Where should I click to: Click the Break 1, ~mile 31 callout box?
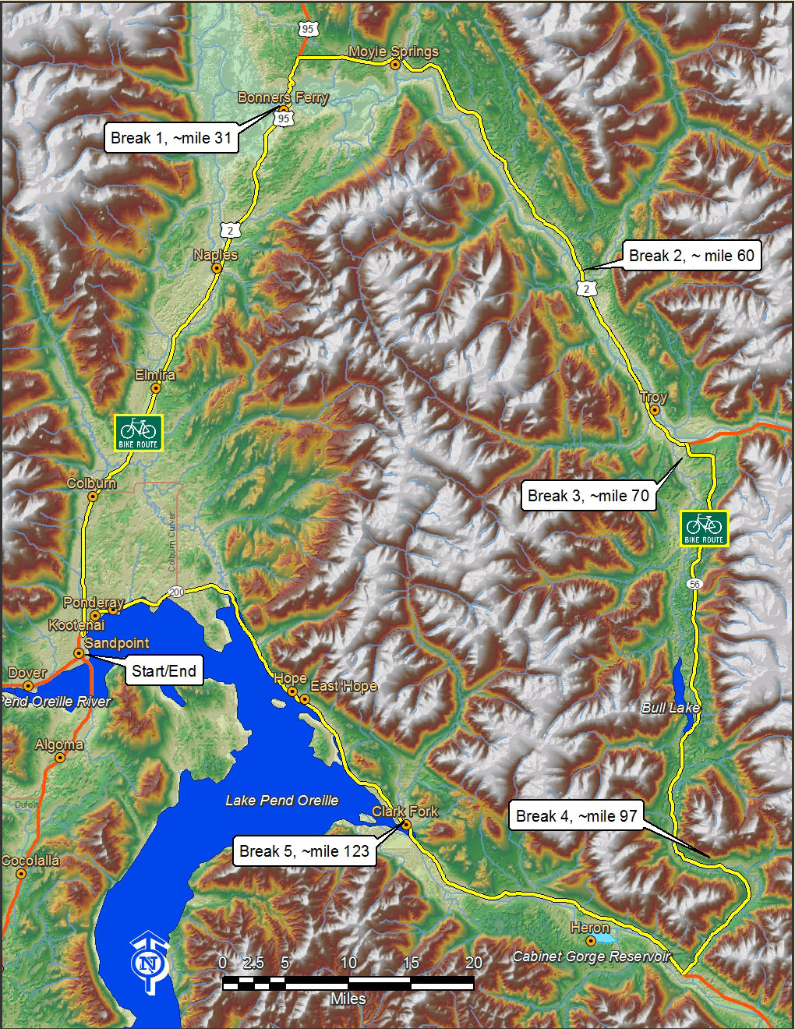tap(171, 138)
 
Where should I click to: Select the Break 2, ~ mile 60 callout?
tap(691, 256)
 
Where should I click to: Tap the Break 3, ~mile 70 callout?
tap(588, 496)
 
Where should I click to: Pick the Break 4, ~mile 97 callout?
tap(577, 816)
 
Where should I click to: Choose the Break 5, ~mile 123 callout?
tap(304, 851)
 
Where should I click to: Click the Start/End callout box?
tap(164, 670)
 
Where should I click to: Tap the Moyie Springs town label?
tap(393, 51)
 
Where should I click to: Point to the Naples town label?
tap(216, 255)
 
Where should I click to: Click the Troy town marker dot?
tap(655, 409)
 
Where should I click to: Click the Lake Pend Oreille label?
tap(282, 801)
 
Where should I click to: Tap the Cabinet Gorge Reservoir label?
tap(591, 957)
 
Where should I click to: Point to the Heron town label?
tap(590, 928)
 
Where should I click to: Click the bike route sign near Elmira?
tap(139, 432)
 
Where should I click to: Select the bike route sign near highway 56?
tap(705, 529)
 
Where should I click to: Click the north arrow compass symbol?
tap(147, 966)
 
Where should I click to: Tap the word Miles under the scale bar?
tap(348, 999)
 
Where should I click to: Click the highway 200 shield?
tap(176, 592)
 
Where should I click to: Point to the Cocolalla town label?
tap(30, 861)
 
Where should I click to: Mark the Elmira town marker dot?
tap(156, 387)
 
